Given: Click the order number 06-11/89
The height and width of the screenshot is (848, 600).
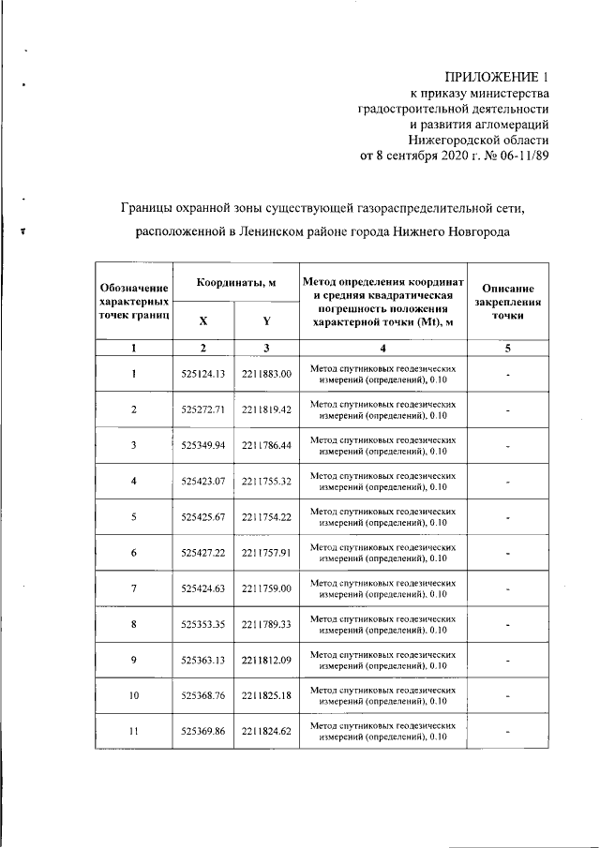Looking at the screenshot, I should (517, 156).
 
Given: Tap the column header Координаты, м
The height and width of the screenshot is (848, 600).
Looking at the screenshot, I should (235, 282).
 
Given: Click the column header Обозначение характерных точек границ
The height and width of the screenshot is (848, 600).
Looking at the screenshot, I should (134, 303).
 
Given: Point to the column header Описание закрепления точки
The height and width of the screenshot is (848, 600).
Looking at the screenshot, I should (506, 303).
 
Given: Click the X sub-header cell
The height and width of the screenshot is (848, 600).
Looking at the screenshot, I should (203, 321).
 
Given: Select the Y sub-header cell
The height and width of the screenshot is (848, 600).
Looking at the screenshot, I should (266, 321).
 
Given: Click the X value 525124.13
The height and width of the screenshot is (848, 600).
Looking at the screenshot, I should (203, 374).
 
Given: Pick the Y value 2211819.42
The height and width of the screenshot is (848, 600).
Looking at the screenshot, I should (266, 409).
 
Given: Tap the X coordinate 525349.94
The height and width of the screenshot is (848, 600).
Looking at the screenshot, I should (203, 445).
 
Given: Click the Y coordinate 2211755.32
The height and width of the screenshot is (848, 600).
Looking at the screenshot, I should (266, 481).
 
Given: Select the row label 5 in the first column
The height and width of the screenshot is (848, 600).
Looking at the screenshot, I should (134, 517).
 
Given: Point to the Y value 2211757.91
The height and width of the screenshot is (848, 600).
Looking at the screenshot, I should (266, 553).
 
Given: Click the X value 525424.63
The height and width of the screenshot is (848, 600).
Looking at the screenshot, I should (203, 588).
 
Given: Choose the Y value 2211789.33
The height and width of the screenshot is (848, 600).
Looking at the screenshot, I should (266, 624).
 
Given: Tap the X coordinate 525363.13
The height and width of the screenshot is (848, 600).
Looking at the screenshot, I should (203, 660).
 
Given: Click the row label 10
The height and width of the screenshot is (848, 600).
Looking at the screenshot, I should (134, 696).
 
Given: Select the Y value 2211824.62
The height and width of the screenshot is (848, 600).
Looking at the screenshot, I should (266, 732).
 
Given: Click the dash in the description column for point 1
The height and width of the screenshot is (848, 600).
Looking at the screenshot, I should (506, 375).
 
